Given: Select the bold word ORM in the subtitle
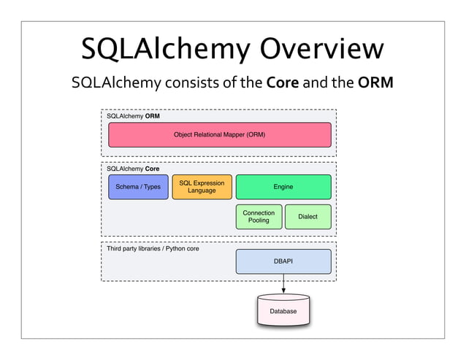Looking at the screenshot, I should click(376, 85).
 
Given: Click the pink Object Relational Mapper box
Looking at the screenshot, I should click(219, 135).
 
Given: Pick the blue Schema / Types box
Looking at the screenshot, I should click(138, 187).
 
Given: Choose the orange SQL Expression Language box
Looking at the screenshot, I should click(202, 187).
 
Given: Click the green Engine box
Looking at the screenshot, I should click(283, 187).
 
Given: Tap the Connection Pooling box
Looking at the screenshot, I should click(259, 217).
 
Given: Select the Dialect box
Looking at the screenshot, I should click(308, 217).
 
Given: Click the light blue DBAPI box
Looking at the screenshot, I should click(283, 261).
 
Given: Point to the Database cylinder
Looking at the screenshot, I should click(283, 310).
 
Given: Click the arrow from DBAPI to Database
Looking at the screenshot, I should click(283, 283).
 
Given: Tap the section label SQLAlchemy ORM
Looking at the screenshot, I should click(133, 115).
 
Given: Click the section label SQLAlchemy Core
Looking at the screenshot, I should click(133, 168).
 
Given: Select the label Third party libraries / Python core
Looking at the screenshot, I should click(153, 248).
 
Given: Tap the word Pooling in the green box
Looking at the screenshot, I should click(259, 221).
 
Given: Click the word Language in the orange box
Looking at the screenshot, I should click(202, 191).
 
